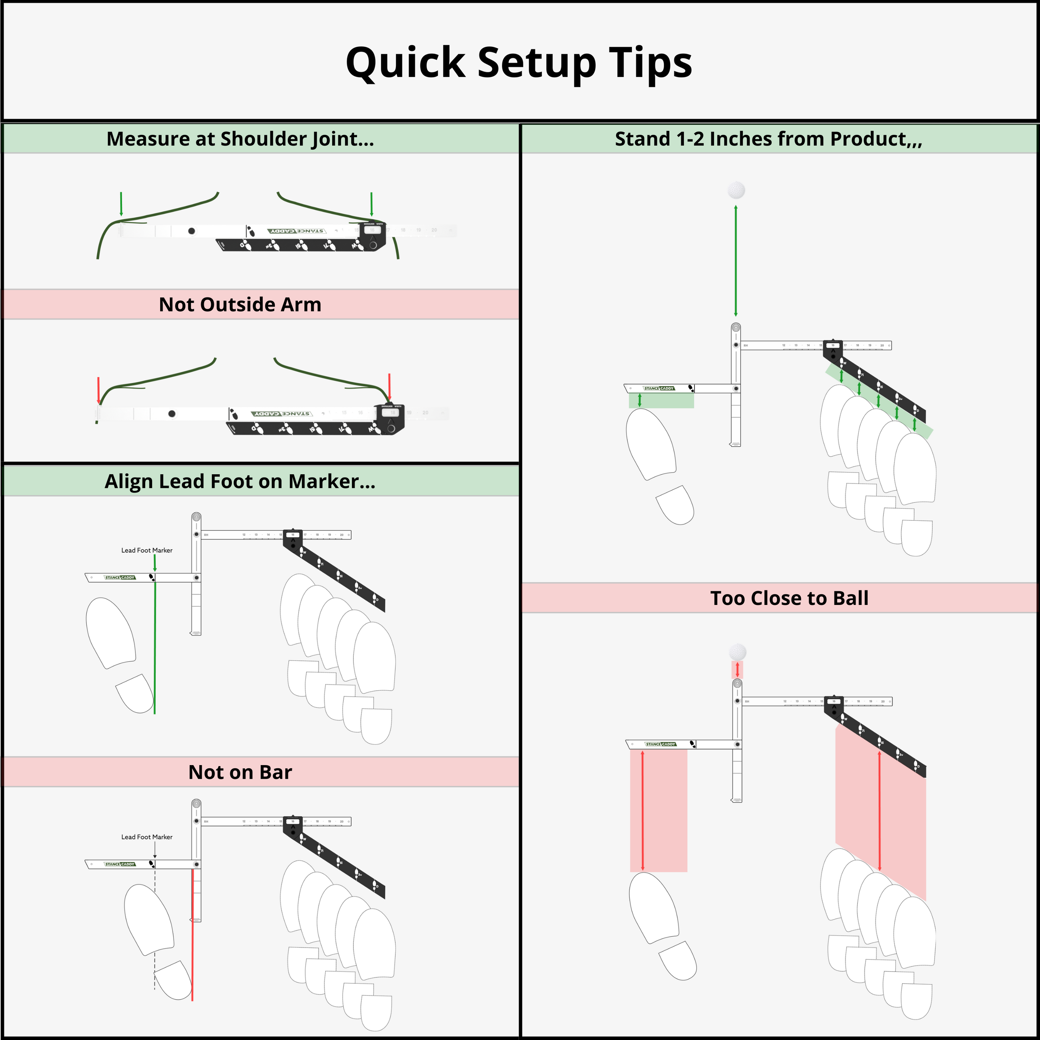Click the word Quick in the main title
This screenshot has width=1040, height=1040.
click(405, 64)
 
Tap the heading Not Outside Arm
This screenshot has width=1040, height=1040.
click(240, 305)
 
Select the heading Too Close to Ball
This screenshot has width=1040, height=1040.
click(789, 598)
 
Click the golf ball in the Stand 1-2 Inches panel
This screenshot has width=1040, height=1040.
click(736, 190)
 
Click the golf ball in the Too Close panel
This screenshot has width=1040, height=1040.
click(737, 652)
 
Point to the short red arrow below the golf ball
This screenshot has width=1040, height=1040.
click(737, 670)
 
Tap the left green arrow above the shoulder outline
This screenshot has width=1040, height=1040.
click(121, 203)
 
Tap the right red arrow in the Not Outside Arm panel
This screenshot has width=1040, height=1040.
click(389, 386)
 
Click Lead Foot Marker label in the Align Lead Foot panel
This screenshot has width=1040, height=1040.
click(147, 550)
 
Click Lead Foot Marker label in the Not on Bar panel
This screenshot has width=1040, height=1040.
click(147, 837)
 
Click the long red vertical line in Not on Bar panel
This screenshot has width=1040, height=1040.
click(192, 937)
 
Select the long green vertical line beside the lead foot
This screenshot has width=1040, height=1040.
click(155, 646)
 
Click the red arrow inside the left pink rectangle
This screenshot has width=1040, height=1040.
click(643, 810)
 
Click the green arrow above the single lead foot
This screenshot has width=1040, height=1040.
click(639, 400)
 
